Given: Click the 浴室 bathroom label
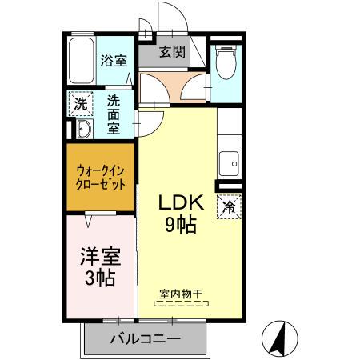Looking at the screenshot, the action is (114, 61).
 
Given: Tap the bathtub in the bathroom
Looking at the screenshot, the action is (82, 61).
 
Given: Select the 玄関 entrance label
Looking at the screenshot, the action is (172, 52).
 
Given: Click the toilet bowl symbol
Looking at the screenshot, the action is (226, 62).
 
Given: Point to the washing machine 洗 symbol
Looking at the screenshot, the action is (81, 104).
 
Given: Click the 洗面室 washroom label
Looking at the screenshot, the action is (114, 114).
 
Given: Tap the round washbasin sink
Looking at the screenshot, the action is (84, 129).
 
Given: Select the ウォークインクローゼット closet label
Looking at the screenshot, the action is (100, 178).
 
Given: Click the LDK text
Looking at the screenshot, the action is (182, 202).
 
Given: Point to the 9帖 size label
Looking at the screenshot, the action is (181, 225).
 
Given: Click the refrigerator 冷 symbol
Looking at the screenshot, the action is (229, 207).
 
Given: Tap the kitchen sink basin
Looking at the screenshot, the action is (229, 164).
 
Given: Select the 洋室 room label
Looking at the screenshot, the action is (101, 257).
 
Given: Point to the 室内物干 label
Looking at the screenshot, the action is (181, 294).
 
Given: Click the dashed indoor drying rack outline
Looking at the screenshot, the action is (182, 303).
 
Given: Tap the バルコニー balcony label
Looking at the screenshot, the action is (146, 339).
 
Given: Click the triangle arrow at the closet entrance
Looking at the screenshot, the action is (89, 221).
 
